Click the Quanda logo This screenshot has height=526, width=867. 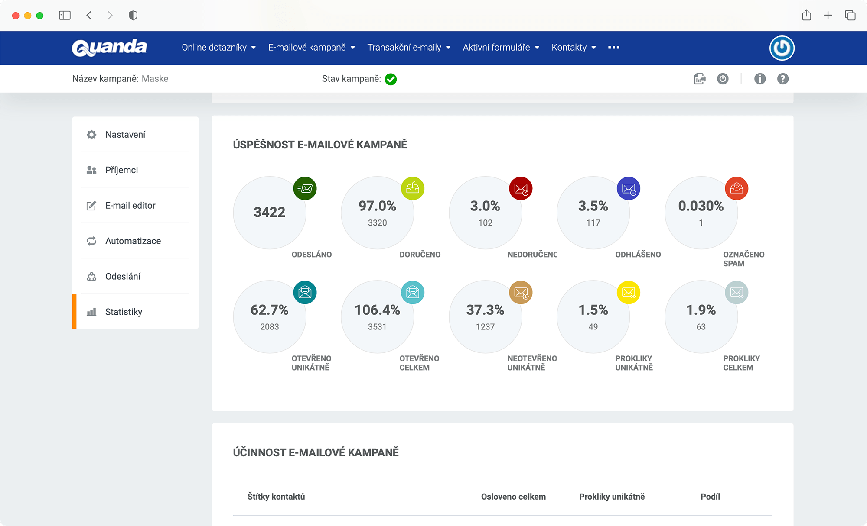point(109,48)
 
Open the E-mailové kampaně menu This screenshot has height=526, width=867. point(311,48)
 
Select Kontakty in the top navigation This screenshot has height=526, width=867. point(573,48)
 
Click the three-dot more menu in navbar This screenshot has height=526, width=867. point(613,48)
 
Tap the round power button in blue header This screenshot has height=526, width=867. point(782,48)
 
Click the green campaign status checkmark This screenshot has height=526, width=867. point(391,79)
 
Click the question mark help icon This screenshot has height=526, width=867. point(782,79)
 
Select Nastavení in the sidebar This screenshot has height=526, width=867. point(125,135)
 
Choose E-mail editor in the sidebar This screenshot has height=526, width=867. point(130,206)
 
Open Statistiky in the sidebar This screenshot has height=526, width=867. point(124,312)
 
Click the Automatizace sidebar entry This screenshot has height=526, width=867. point(133,241)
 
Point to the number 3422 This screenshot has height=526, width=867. point(269,212)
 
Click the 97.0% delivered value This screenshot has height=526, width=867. point(377,206)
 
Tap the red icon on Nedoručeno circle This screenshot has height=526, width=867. point(521,189)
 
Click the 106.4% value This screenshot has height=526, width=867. point(377,310)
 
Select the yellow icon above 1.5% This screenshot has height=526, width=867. point(628,293)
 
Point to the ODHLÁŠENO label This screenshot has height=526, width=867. point(638,255)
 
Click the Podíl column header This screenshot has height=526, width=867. point(710,497)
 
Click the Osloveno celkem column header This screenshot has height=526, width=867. point(513,497)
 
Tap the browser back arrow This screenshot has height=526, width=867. point(89,16)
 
